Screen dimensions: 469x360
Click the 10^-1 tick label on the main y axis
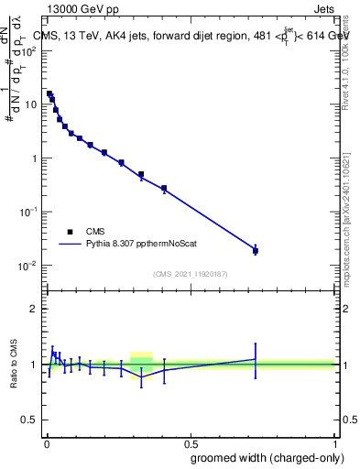pyautogui.click(x=27, y=212)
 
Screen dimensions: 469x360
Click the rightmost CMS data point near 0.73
pyautogui.click(x=256, y=250)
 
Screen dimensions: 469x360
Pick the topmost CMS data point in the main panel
pyautogui.click(x=49, y=93)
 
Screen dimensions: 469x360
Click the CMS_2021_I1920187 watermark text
pyautogui.click(x=191, y=273)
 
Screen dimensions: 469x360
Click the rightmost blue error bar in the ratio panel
pyautogui.click(x=256, y=360)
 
